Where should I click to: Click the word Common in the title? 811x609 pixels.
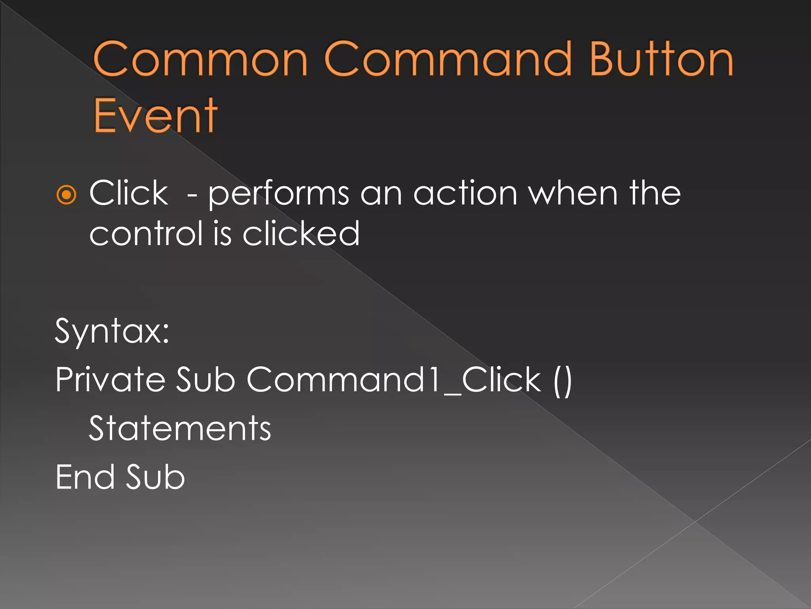point(200,59)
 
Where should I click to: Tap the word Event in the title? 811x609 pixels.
point(155,116)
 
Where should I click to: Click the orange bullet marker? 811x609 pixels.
point(66,195)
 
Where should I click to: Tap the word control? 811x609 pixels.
point(146,234)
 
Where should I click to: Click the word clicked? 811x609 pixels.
point(301,234)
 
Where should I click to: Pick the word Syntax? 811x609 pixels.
point(112,331)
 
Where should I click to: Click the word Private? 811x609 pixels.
point(110,380)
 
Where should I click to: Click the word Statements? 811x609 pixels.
point(180,429)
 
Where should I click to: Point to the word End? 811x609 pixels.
point(85,477)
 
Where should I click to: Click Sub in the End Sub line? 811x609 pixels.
point(155,477)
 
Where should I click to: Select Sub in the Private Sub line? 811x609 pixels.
point(205,380)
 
